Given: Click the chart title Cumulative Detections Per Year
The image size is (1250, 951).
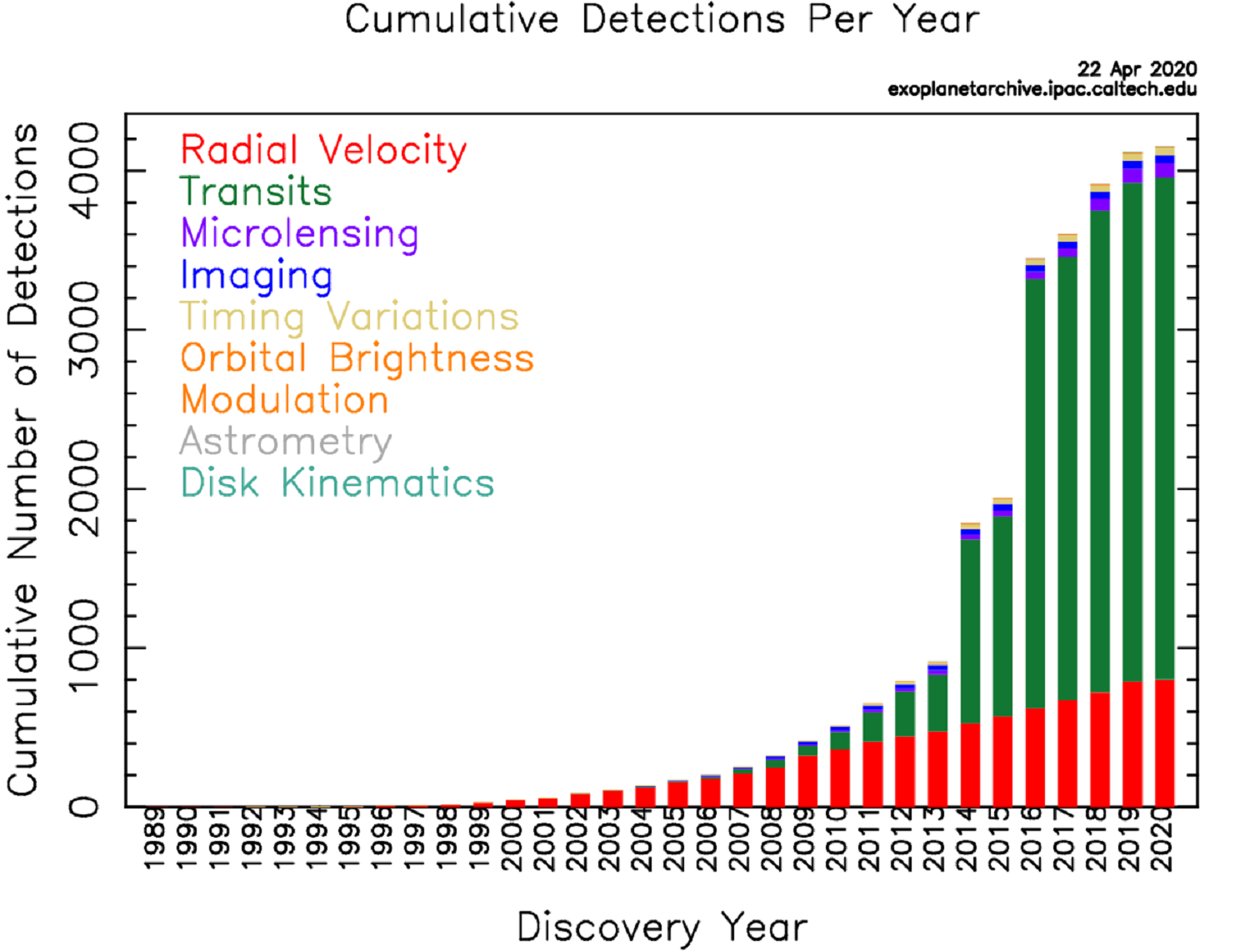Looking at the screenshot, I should coord(662,20).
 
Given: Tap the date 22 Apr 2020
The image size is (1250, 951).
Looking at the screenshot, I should coord(1137,68).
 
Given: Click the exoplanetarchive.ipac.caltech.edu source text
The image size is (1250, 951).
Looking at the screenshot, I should coord(1042,89).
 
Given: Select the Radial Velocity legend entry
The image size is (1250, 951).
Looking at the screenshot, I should coord(323,150).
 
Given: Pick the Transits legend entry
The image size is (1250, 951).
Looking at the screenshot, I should coord(256,192).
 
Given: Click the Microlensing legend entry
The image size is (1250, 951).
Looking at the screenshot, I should coord(299,233).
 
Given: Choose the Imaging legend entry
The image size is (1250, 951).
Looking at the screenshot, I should coord(256,275).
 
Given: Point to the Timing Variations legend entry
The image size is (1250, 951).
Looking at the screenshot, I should coord(349,317).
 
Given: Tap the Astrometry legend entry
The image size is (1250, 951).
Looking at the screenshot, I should coord(285,441).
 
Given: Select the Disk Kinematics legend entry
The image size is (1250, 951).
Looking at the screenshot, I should coord(337,483).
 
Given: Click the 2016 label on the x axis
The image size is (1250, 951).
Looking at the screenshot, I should coord(1035,839).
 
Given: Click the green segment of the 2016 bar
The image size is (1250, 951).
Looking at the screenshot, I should coord(1035,492).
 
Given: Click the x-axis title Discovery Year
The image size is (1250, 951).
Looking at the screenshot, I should coord(662,928).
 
